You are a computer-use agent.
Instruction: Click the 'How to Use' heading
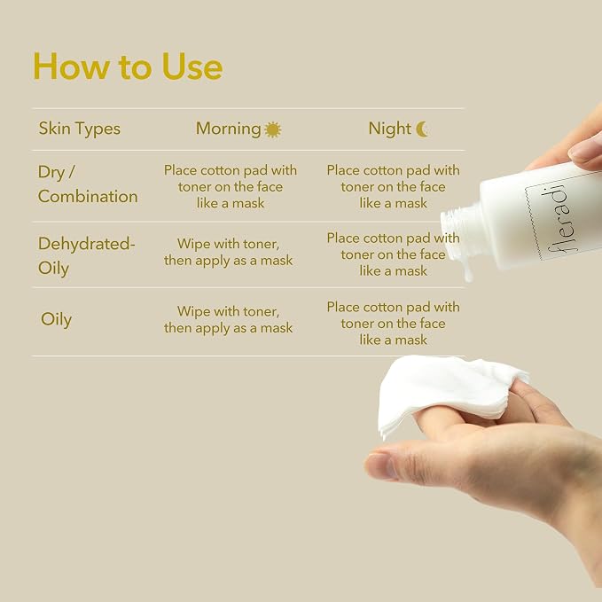pyautogui.click(x=128, y=66)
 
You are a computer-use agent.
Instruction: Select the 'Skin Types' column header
pyautogui.click(x=80, y=129)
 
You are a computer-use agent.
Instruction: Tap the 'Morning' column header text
pyautogui.click(x=229, y=129)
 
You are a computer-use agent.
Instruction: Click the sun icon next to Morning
pyautogui.click(x=273, y=129)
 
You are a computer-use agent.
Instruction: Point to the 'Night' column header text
pyautogui.click(x=390, y=129)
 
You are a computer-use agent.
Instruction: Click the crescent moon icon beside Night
pyautogui.click(x=422, y=129)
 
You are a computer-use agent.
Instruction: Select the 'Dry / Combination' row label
pyautogui.click(x=88, y=184)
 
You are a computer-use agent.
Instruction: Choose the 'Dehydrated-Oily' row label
pyautogui.click(x=86, y=256)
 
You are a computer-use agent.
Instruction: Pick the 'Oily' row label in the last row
pyautogui.click(x=56, y=319)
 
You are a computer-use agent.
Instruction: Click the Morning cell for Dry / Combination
pyautogui.click(x=231, y=186)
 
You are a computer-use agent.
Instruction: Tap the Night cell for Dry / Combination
pyautogui.click(x=393, y=186)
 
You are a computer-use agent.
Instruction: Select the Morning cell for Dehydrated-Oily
pyautogui.click(x=229, y=253)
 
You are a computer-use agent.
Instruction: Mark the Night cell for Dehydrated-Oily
pyautogui.click(x=393, y=254)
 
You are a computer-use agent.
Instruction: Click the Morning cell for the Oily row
pyautogui.click(x=229, y=320)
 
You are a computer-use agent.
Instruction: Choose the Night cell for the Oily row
pyautogui.click(x=393, y=324)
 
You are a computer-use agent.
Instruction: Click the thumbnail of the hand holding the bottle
pyautogui.click(x=583, y=152)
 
